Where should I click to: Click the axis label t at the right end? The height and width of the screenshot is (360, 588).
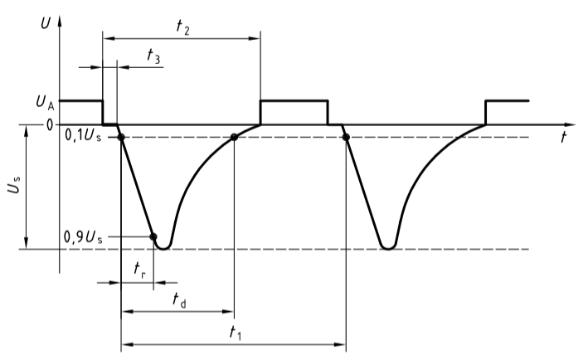tap(563, 139)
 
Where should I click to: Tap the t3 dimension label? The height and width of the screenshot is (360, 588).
tap(153, 55)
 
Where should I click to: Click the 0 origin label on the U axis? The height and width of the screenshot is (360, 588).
tap(49, 125)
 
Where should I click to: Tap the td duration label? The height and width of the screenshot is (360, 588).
tap(177, 299)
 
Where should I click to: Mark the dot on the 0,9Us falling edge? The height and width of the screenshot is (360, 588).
tap(153, 237)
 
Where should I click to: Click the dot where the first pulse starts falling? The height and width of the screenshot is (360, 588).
tap(121, 137)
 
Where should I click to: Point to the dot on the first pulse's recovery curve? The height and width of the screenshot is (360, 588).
tap(234, 137)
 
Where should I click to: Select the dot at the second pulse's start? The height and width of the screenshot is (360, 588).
tap(346, 137)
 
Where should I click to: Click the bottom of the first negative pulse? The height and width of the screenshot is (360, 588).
tap(164, 247)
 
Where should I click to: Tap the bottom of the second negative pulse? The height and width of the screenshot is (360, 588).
tap(387, 247)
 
